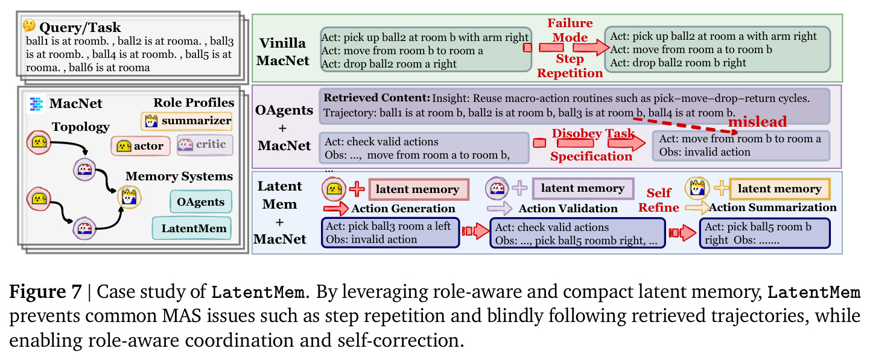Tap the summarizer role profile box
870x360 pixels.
point(187,121)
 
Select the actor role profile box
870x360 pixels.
point(141,146)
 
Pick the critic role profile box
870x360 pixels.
point(205,145)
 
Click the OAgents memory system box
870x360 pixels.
point(201,201)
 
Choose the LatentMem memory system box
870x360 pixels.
point(192,228)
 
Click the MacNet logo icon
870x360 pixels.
point(37,104)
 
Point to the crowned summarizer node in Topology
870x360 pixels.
point(129,197)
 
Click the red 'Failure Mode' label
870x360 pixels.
point(570,30)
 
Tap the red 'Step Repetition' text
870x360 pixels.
point(570,66)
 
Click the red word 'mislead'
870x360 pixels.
point(757,122)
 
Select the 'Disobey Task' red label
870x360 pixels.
point(593,133)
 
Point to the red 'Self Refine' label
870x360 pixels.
point(659,200)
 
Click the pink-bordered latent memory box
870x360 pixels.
point(419,189)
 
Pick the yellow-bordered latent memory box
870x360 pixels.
point(780,189)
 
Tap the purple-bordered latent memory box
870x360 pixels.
point(583,188)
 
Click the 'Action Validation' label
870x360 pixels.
point(568,209)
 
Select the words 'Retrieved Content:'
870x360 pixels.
point(376,98)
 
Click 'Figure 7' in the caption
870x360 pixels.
point(45,292)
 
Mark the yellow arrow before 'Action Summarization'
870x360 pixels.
point(697,208)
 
